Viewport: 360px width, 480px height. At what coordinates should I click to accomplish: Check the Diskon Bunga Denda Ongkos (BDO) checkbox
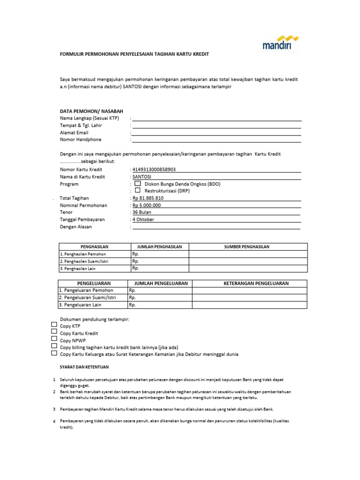pyautogui.click(x=138, y=183)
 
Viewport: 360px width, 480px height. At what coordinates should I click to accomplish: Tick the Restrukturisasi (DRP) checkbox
pyautogui.click(x=138, y=190)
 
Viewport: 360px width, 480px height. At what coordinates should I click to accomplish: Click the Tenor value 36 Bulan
pyautogui.click(x=142, y=212)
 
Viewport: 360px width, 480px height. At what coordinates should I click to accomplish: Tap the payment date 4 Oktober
pyautogui.click(x=143, y=219)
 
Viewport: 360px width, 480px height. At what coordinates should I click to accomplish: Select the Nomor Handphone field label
pyautogui.click(x=81, y=140)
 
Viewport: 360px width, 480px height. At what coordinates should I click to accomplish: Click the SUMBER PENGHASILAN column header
pyautogui.click(x=247, y=247)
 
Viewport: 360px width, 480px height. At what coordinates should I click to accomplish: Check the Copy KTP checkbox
pyautogui.click(x=54, y=324)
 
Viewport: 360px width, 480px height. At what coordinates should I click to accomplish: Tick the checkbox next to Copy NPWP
pyautogui.click(x=54, y=338)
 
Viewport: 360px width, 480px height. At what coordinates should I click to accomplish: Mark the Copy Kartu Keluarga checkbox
pyautogui.click(x=54, y=353)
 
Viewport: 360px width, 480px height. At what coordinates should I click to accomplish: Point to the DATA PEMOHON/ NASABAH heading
pyautogui.click(x=91, y=111)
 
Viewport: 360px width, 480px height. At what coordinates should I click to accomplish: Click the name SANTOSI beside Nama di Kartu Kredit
pyautogui.click(x=143, y=177)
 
